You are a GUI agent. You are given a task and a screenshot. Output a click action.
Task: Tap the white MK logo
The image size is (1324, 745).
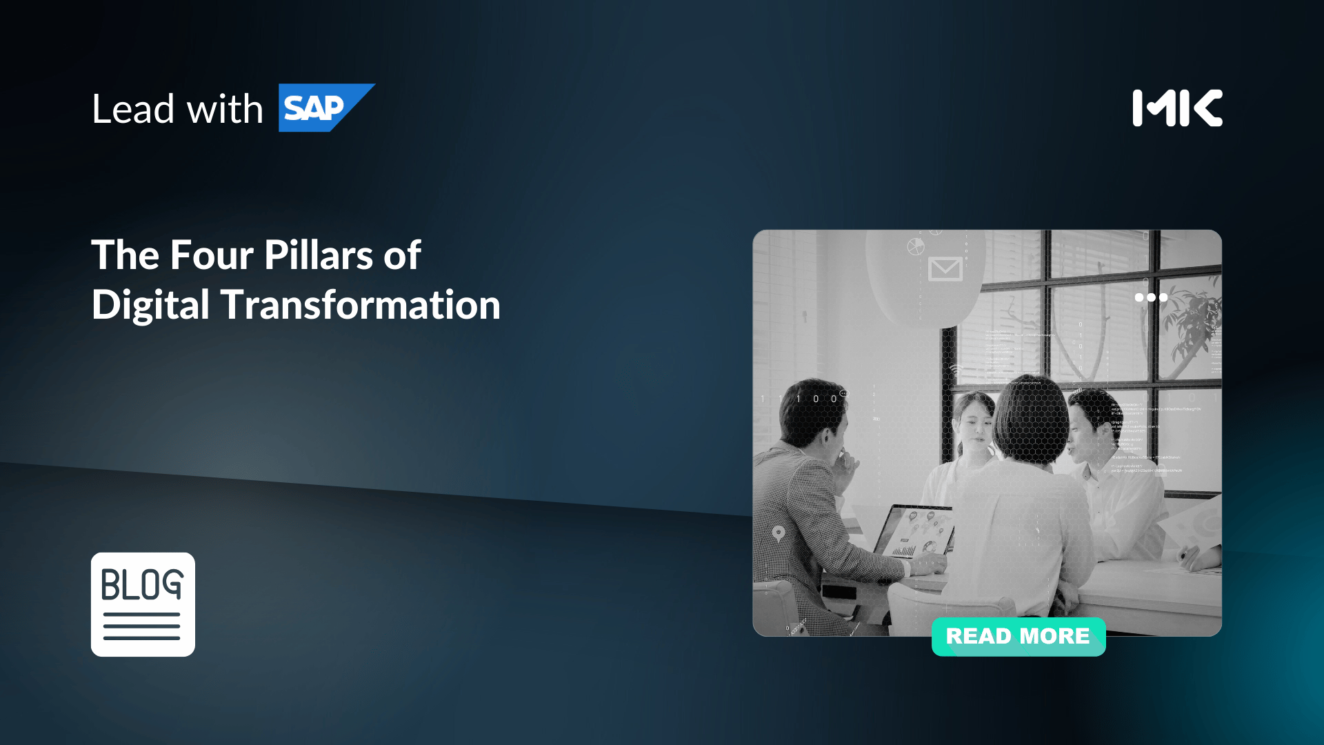(x=1177, y=108)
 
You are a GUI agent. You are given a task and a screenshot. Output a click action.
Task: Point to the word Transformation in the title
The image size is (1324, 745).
(x=361, y=305)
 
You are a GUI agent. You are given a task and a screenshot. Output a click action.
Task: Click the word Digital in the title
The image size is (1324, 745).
(x=150, y=305)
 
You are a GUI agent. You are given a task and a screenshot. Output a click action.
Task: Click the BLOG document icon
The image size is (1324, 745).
(x=143, y=604)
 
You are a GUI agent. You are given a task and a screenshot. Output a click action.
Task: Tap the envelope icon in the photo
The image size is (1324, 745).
(x=945, y=269)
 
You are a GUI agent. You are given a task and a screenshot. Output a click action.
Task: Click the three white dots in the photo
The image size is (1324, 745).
(x=1151, y=297)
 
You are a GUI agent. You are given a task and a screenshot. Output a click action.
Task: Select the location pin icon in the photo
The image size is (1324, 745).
(x=779, y=533)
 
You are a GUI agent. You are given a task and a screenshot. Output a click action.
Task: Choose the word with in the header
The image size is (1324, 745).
(x=225, y=109)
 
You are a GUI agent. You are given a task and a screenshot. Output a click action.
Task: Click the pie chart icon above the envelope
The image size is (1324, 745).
(x=915, y=246)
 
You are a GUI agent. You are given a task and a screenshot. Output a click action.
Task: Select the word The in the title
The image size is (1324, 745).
(x=126, y=255)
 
